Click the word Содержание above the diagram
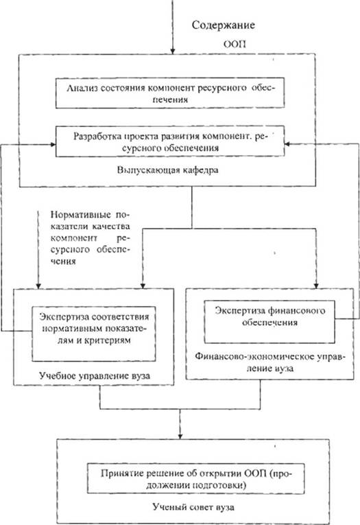pyautogui.click(x=223, y=25)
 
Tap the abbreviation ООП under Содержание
pyautogui.click(x=235, y=44)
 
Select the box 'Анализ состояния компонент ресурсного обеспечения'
pyautogui.click(x=170, y=93)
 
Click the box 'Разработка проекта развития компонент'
pyautogui.click(x=170, y=141)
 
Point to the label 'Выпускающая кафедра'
pyautogui.click(x=167, y=170)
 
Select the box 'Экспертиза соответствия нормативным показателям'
pyautogui.click(x=94, y=334)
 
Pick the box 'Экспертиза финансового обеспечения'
pyautogui.click(x=269, y=321)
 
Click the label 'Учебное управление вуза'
pyautogui.click(x=95, y=375)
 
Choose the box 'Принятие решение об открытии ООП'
pyautogui.click(x=195, y=478)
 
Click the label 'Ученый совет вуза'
pyautogui.click(x=193, y=507)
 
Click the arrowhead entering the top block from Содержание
pyautogui.click(x=173, y=51)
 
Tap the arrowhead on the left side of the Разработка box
pyautogui.click(x=53, y=145)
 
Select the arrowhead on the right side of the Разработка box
pyautogui.click(x=287, y=144)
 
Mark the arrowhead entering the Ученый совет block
pyautogui.click(x=180, y=436)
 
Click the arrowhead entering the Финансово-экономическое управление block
pyautogui.click(x=316, y=285)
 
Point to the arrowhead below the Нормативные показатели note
pyautogui.click(x=38, y=285)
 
